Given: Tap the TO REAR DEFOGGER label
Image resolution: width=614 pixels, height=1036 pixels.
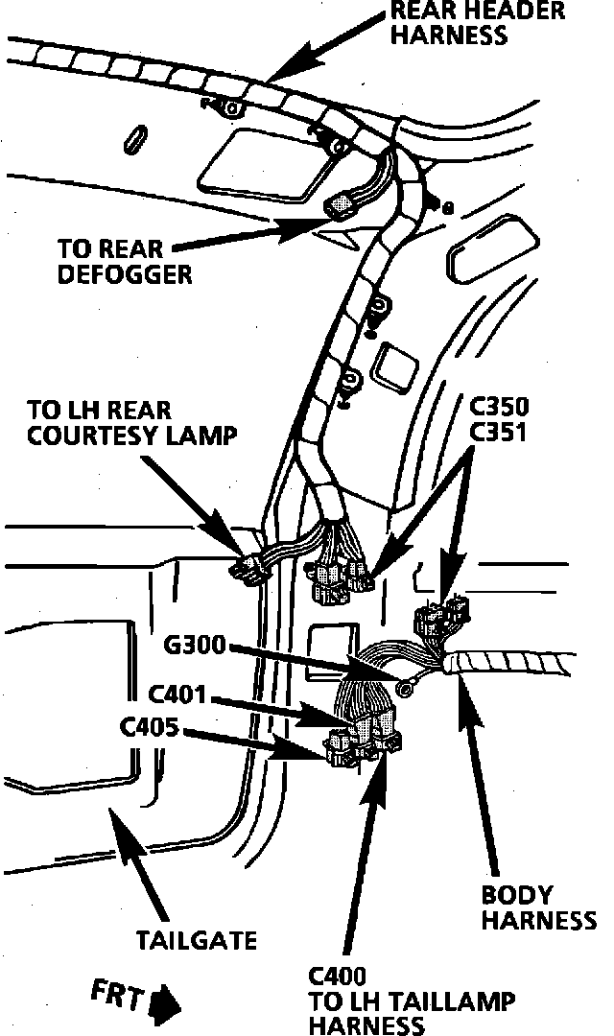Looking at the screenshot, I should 125,260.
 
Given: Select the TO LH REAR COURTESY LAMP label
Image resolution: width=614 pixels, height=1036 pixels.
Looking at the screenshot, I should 131,424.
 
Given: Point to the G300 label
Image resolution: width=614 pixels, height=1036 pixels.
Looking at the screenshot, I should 195,647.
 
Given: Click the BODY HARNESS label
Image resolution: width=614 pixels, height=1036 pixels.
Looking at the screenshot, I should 537,908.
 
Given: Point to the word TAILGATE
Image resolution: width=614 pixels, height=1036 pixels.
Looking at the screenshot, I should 197,937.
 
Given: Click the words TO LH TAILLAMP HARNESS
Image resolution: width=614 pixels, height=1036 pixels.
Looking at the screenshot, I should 412,1013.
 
